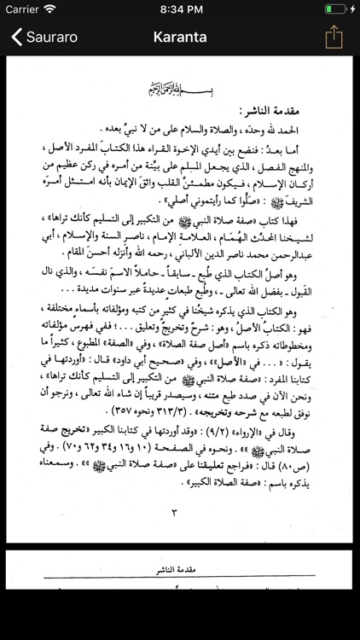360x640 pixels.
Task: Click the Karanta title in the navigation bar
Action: click(x=180, y=38)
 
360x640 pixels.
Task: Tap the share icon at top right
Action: click(x=334, y=37)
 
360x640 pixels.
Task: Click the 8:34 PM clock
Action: click(x=180, y=9)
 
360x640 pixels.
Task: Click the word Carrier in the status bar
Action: click(x=22, y=9)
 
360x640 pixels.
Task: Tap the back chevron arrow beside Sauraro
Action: click(x=16, y=38)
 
